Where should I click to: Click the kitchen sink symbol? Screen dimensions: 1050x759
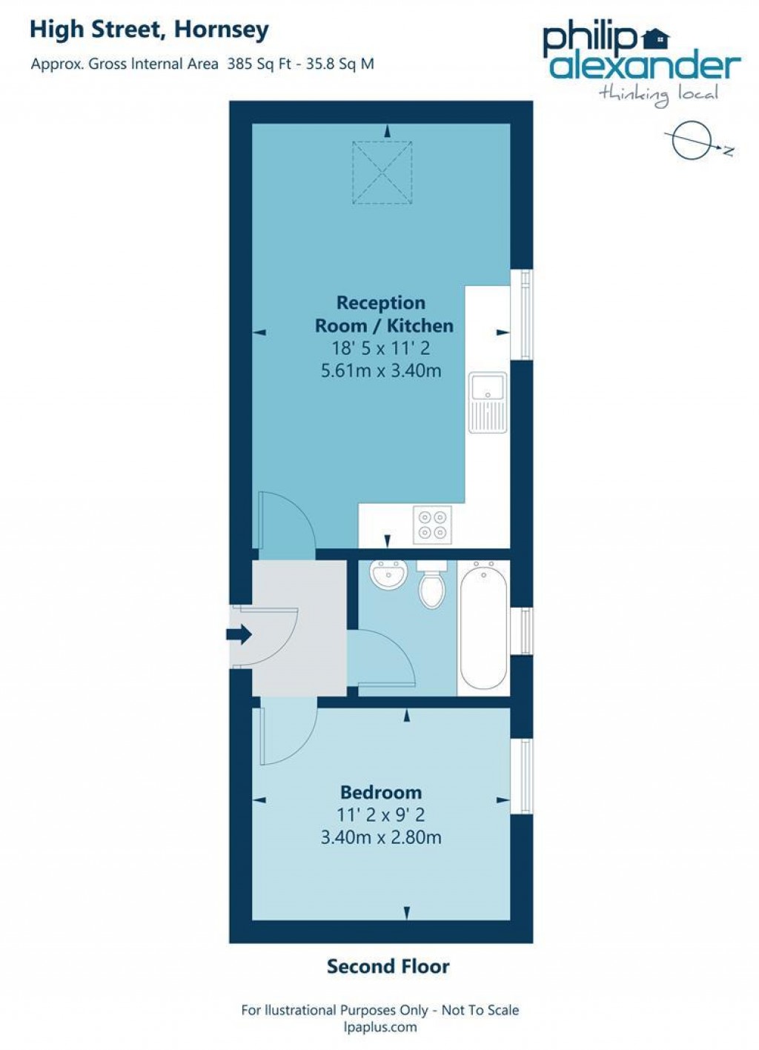(488, 403)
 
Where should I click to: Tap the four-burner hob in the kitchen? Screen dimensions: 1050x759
(433, 525)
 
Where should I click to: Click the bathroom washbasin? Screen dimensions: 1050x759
(388, 576)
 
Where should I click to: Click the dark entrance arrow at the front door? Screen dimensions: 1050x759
(239, 634)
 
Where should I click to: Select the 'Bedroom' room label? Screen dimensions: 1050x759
(380, 792)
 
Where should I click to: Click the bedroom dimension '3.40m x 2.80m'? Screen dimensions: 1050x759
(380, 838)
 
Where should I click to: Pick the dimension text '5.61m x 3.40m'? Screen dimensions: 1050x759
(380, 371)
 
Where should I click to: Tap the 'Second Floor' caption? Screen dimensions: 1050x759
(388, 966)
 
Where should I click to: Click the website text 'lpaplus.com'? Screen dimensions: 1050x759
(380, 1027)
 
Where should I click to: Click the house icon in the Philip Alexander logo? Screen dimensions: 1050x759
(655, 36)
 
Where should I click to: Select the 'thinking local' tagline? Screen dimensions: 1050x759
(658, 93)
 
